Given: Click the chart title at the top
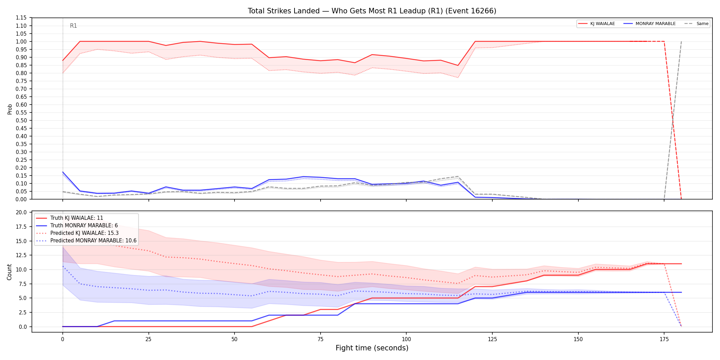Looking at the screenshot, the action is click(372, 11).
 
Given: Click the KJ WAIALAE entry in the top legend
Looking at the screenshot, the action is click(597, 24).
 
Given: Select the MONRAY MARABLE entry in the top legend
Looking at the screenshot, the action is click(649, 24).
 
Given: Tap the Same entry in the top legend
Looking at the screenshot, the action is click(696, 24).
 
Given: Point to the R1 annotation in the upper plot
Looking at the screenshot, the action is click(73, 26).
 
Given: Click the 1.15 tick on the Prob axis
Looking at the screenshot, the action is click(21, 18).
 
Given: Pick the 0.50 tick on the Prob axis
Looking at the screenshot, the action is click(21, 120).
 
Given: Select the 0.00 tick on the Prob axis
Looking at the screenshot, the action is click(21, 199).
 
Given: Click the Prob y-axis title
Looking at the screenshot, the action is click(10, 109).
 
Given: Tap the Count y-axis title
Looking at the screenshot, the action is click(9, 272).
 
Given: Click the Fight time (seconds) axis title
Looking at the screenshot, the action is click(372, 348).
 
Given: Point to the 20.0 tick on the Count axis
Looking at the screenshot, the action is click(21, 212).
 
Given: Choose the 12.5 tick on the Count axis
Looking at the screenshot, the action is click(21, 255).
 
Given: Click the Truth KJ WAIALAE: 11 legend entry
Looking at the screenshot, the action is click(70, 218).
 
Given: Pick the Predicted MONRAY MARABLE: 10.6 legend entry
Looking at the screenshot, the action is click(86, 241).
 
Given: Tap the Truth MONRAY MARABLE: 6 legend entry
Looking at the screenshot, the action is click(77, 226).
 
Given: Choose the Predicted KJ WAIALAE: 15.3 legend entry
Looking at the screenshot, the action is click(77, 233).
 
